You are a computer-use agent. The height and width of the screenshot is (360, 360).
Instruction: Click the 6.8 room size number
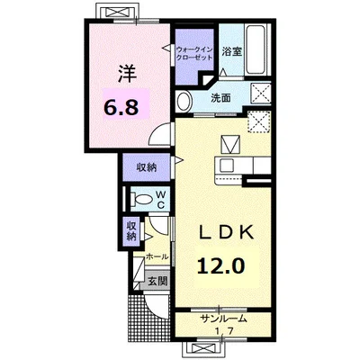tap(121, 107)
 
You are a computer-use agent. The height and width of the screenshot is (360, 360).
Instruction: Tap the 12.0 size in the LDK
tap(220, 266)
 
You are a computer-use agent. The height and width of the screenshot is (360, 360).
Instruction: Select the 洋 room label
tap(127, 74)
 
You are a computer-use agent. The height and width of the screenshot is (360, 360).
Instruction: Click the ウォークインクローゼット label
tap(194, 53)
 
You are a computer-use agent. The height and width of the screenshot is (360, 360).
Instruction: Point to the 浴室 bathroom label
tap(232, 51)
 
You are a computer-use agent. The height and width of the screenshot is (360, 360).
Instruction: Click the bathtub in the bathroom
tap(256, 50)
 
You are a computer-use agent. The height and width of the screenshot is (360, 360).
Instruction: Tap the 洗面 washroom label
tap(220, 98)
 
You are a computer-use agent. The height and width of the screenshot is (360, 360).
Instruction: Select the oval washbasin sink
tap(184, 101)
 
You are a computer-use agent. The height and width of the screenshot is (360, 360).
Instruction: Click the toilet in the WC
tap(142, 198)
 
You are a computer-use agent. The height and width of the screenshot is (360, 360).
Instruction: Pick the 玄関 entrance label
tap(157, 282)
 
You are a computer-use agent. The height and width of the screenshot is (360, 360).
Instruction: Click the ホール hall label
tap(157, 256)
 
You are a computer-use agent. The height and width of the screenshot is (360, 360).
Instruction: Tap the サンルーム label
tap(224, 319)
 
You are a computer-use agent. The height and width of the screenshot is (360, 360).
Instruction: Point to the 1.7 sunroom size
tap(224, 330)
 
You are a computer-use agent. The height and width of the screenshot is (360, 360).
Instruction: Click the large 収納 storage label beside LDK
tap(147, 167)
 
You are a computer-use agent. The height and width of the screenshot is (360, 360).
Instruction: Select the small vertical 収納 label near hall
tap(131, 230)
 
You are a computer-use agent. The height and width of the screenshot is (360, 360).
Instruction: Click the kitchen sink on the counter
tap(227, 165)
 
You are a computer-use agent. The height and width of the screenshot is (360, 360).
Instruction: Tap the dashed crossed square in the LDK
tap(259, 121)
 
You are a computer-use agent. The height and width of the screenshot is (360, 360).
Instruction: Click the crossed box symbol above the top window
tap(118, 13)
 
